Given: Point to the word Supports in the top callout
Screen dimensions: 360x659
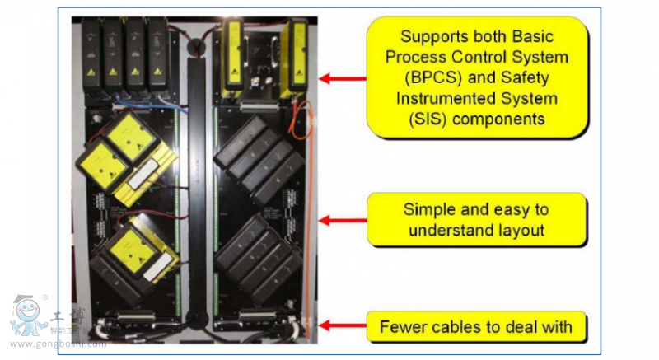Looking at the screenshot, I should (432, 37).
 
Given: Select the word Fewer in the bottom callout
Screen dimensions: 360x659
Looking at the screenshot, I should (404, 327).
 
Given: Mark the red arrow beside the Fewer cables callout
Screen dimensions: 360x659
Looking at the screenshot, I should (341, 326).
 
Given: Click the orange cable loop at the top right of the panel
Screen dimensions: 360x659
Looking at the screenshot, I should (302, 115).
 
